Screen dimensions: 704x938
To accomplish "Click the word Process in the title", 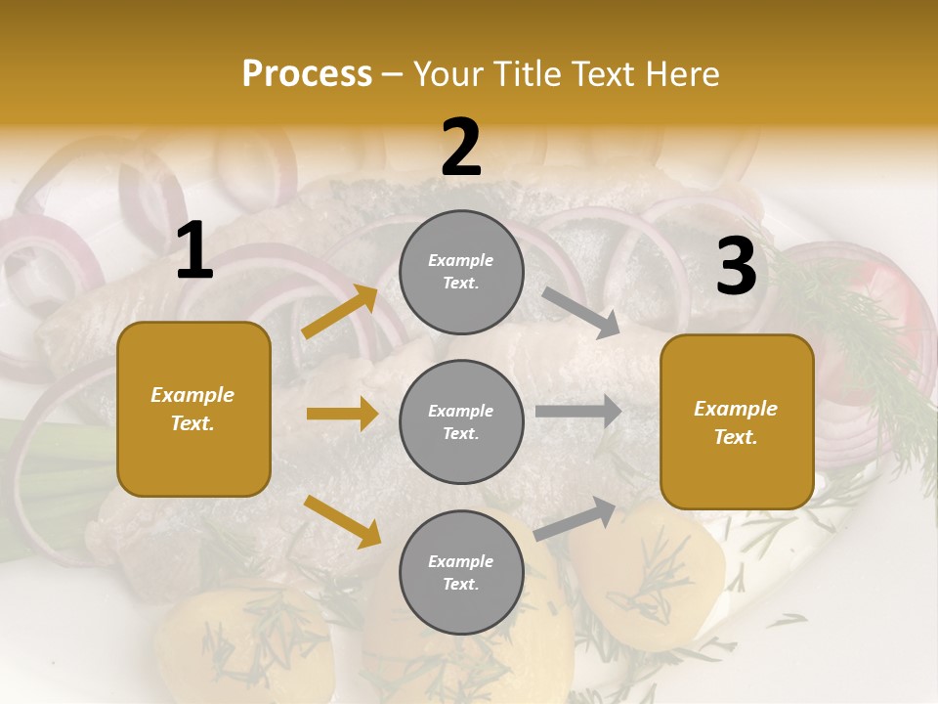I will click(307, 74).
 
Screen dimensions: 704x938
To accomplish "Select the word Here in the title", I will click(681, 74).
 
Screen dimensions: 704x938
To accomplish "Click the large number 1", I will click(194, 251).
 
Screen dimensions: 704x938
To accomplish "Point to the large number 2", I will click(461, 148).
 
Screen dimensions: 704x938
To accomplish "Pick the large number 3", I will click(737, 266).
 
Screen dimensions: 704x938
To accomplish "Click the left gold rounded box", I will click(193, 409).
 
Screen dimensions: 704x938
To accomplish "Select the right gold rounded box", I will click(737, 422).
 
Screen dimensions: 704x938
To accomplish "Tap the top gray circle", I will click(461, 272).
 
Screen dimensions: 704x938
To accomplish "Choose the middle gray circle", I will click(461, 421).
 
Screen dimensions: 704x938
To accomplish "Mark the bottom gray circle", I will click(461, 572).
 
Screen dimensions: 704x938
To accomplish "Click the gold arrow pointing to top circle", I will click(340, 312).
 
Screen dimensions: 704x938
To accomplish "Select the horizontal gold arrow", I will click(342, 414).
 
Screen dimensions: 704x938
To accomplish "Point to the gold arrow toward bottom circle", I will click(342, 521).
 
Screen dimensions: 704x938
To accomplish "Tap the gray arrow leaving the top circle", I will click(580, 314).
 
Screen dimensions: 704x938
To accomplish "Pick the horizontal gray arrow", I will click(578, 412).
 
